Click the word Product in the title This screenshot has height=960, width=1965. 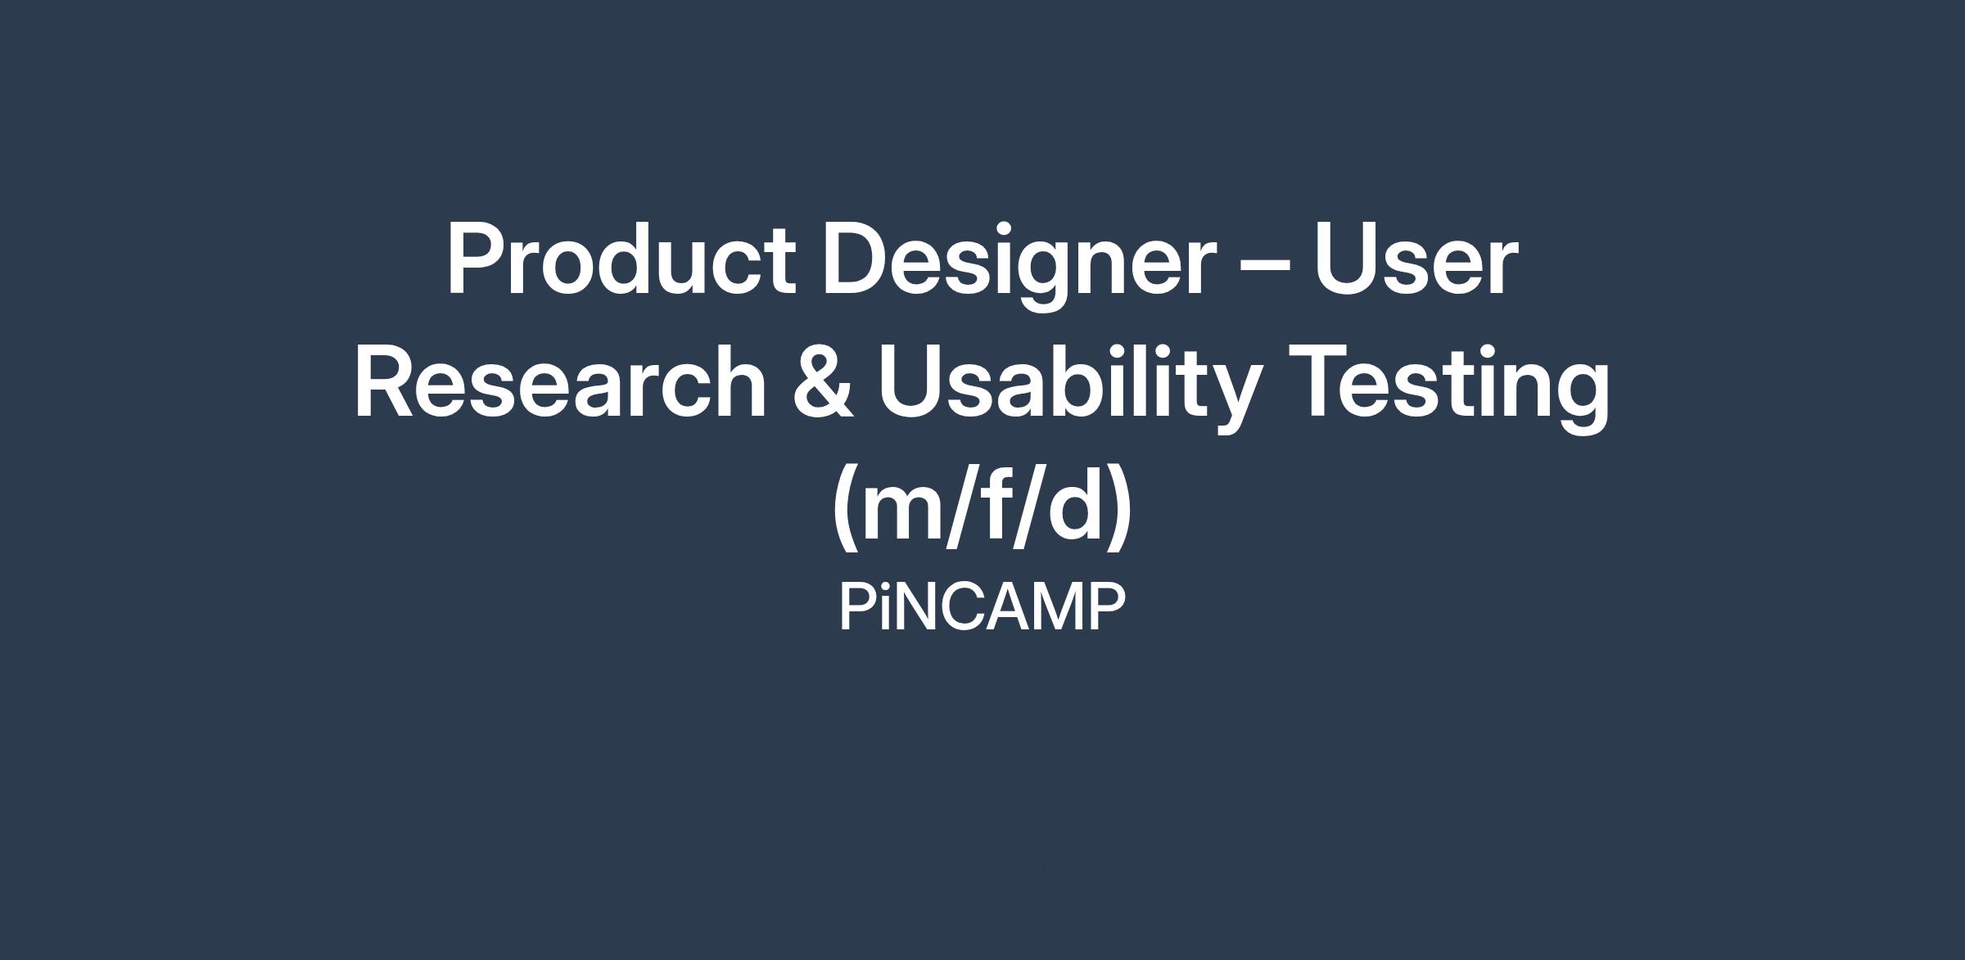(621, 259)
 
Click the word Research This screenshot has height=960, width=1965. (560, 381)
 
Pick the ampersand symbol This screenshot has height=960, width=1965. (823, 381)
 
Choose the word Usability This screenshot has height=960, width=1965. (1069, 387)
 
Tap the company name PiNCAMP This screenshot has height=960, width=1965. (982, 607)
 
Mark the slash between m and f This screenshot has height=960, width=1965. (960, 506)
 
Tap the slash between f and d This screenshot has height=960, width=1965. (1028, 506)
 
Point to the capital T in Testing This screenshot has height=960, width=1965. (1321, 381)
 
